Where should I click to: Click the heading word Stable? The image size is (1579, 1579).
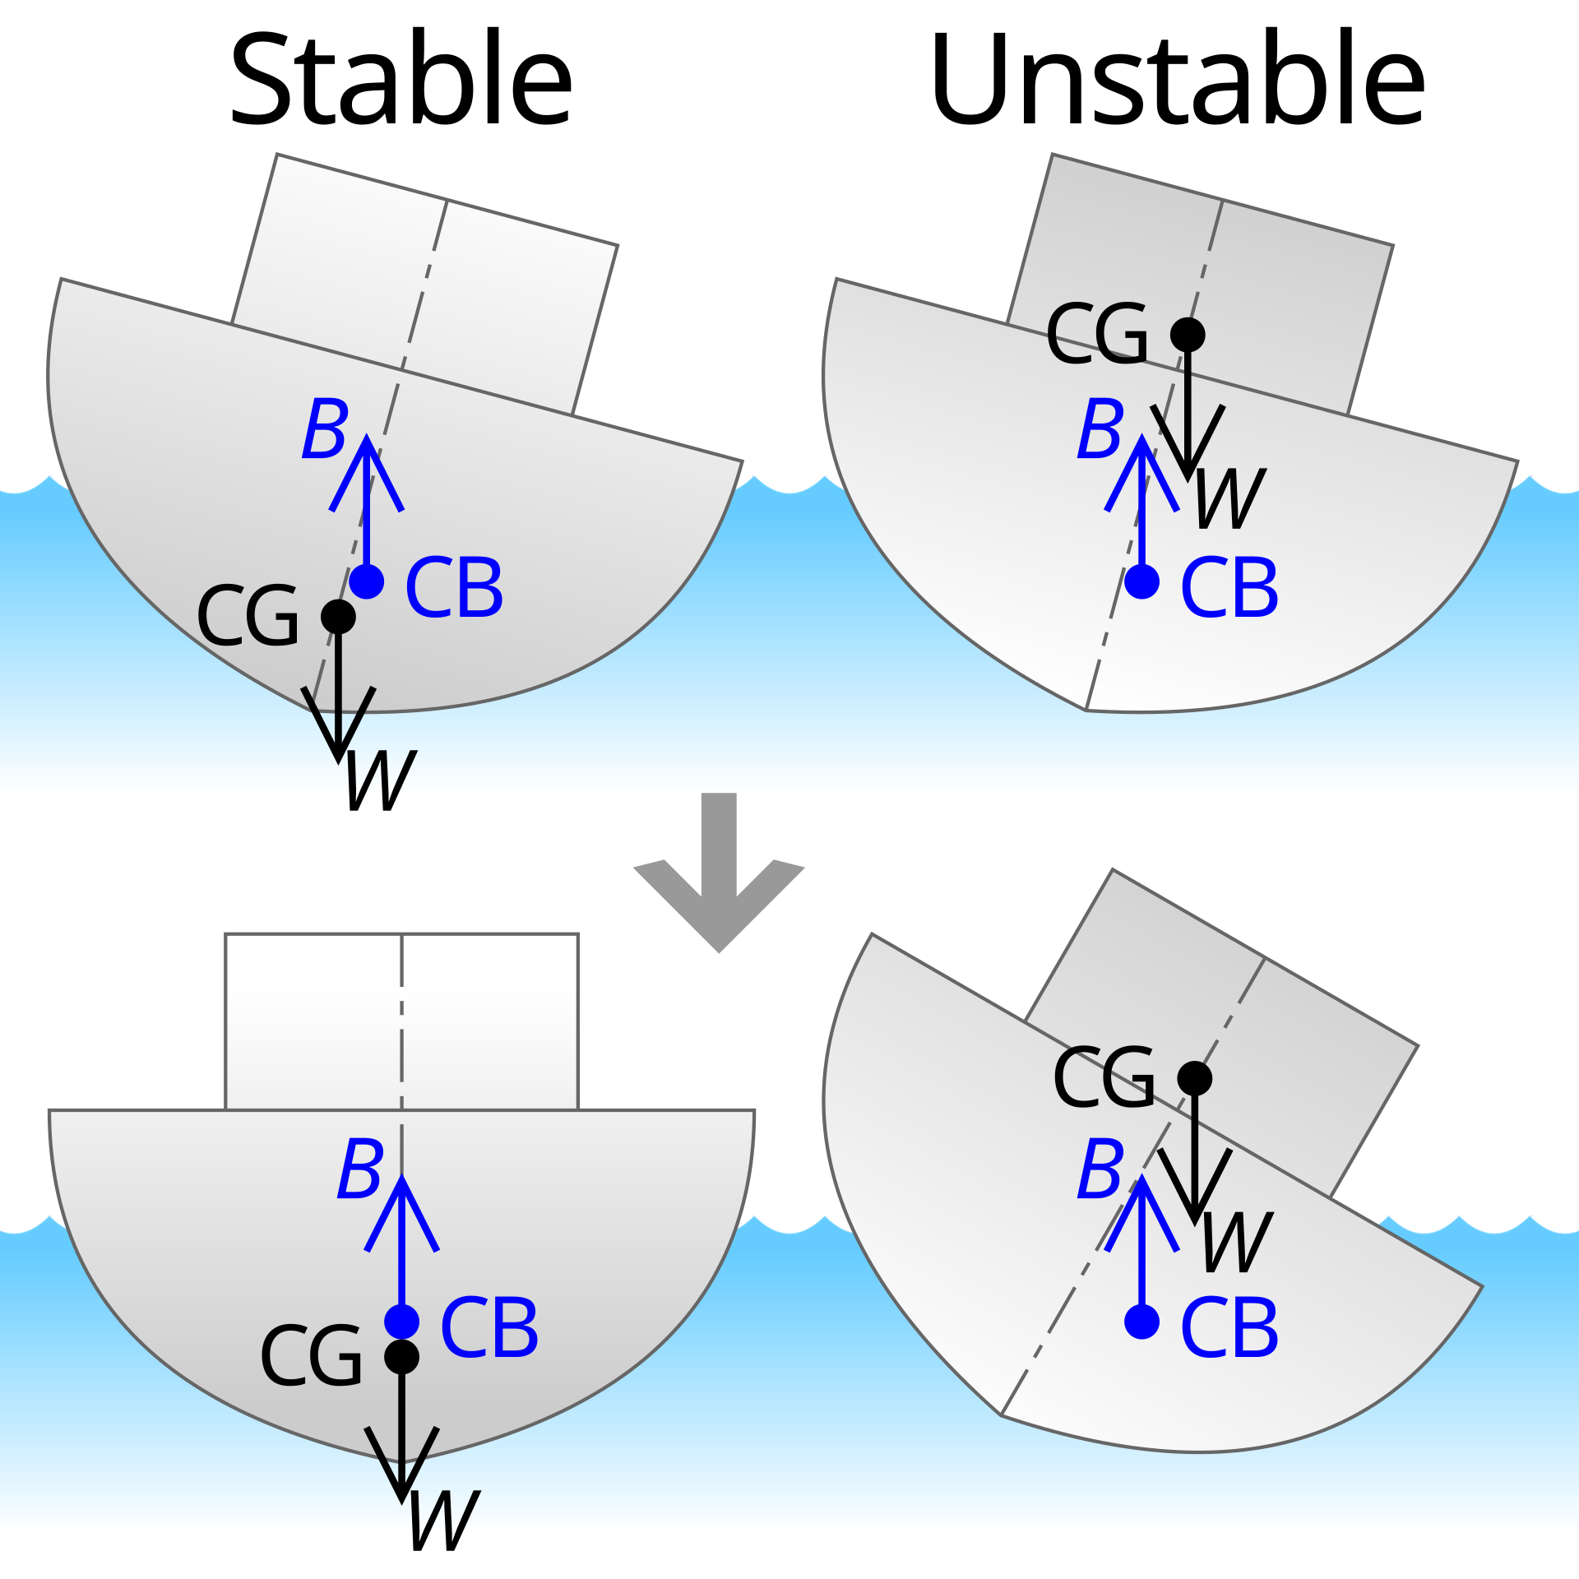pos(401,79)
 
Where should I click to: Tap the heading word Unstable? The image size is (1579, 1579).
pos(1177,79)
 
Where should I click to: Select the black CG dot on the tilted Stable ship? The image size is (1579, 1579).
pos(338,616)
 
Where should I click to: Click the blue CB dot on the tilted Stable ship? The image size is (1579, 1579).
pos(367,581)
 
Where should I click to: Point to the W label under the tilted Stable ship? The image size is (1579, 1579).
pos(381,780)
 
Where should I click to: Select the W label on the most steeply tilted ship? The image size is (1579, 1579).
pos(1237,1243)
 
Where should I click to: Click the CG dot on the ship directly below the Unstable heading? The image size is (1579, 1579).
pos(1188,335)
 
